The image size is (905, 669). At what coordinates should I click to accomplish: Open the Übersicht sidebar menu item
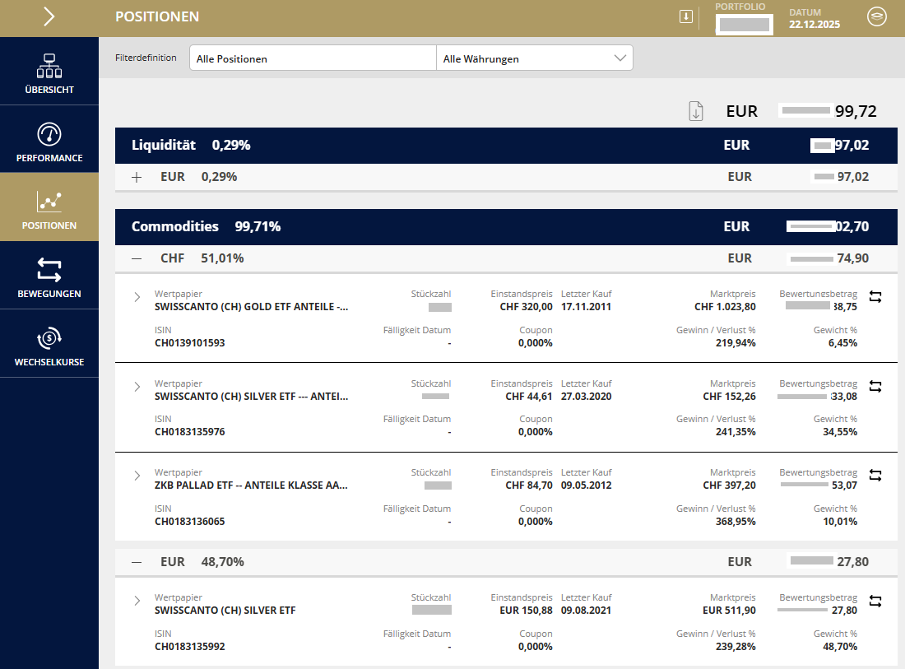point(49,72)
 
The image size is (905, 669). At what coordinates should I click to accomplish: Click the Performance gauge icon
point(49,134)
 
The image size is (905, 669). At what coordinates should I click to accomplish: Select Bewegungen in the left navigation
point(49,276)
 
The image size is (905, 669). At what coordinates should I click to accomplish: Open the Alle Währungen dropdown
point(535,58)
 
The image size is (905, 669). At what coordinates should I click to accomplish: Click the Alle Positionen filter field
point(313,58)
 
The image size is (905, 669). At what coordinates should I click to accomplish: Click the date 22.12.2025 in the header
point(814,25)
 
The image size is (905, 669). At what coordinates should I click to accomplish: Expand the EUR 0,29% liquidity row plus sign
point(137,177)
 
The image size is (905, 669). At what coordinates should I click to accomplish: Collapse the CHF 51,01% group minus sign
point(137,258)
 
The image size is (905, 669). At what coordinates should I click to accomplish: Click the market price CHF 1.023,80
point(725,307)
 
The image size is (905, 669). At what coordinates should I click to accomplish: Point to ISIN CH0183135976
point(189,432)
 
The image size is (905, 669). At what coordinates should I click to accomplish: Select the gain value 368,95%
point(735,522)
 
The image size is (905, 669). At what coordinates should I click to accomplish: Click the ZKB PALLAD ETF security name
point(251,485)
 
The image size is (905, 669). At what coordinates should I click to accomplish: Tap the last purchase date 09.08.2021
point(587,611)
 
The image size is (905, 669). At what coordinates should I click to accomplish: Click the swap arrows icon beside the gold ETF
point(875,297)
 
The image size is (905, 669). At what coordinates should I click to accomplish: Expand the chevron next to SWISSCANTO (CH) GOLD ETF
point(137,297)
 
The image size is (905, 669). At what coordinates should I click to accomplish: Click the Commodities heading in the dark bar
point(175,226)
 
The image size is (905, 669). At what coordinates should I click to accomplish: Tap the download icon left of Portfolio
point(686,16)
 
